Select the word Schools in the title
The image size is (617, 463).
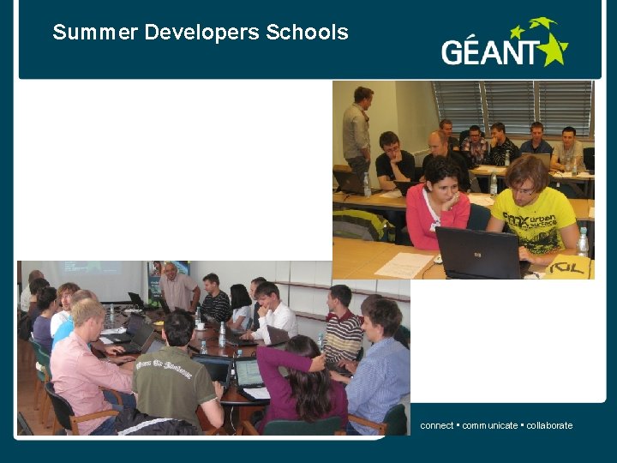pos(307,33)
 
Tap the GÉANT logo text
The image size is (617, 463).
pos(493,52)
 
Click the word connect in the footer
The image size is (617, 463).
pos(437,425)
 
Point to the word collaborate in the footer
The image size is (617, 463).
pos(549,425)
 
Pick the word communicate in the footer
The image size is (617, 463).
pos(490,425)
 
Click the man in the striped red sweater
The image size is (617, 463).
pos(343,326)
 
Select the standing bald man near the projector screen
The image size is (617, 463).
pos(177,287)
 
